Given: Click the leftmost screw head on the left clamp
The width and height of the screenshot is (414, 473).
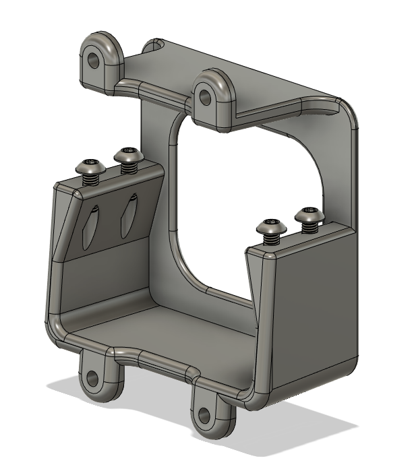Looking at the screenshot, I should [90, 166].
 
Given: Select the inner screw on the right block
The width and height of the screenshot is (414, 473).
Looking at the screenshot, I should [272, 226].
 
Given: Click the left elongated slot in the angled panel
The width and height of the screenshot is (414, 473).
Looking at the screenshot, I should [92, 226].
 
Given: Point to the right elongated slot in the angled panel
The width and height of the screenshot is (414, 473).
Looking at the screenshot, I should [127, 216].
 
